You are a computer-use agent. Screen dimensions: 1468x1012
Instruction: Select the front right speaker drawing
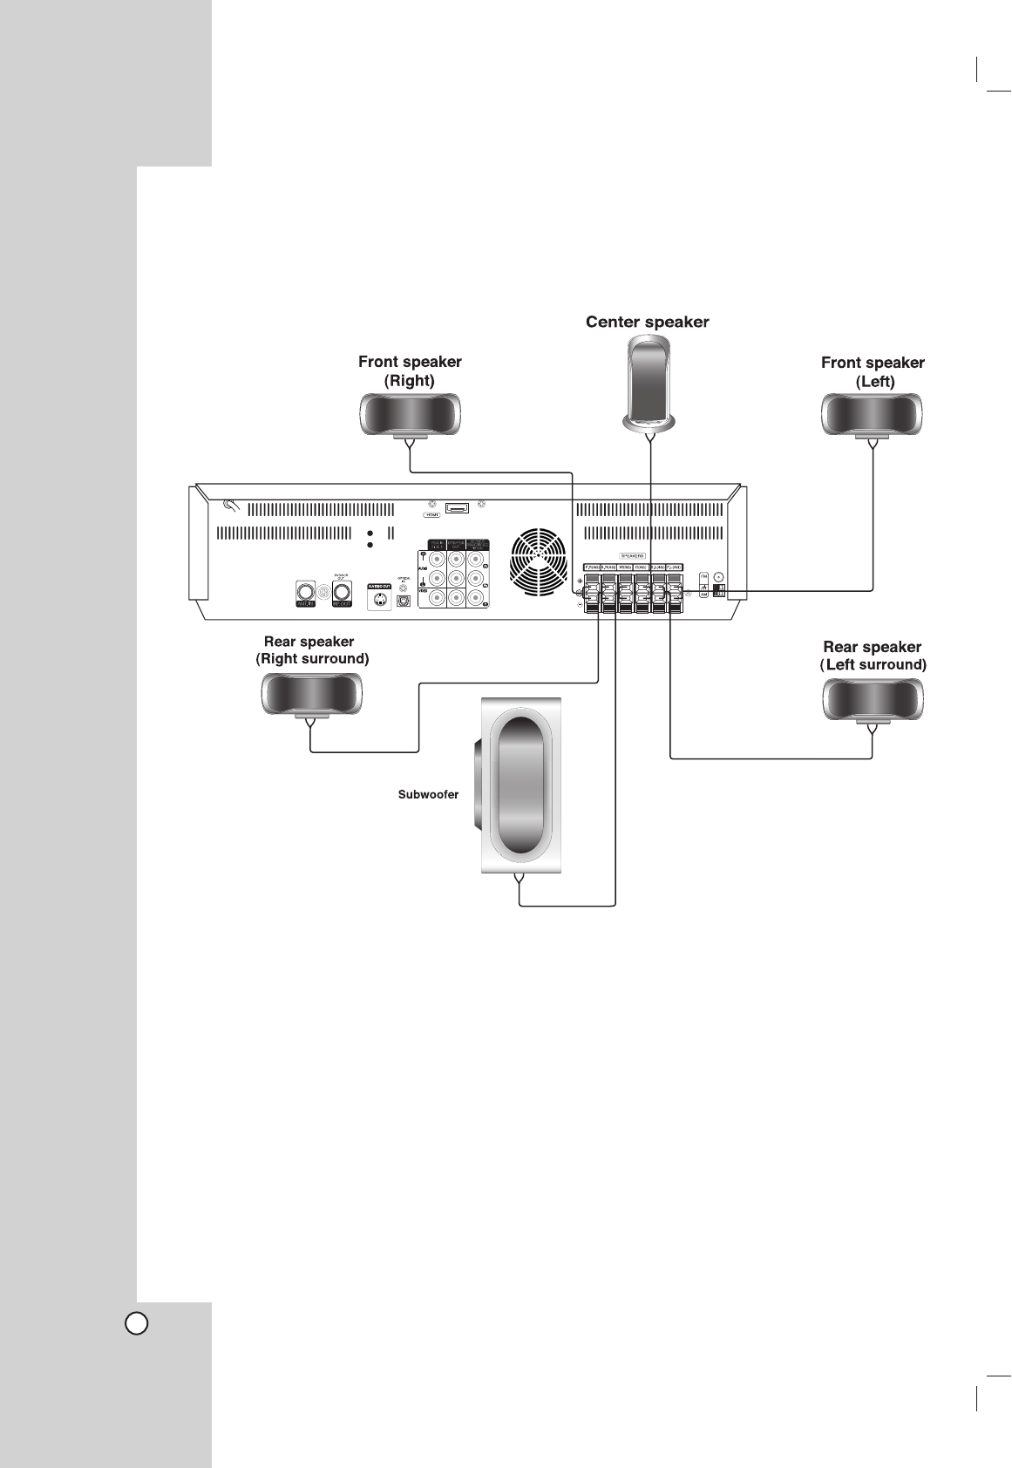(x=410, y=413)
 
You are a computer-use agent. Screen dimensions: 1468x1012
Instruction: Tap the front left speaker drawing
(x=872, y=414)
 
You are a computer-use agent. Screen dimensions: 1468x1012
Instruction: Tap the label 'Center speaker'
(x=647, y=323)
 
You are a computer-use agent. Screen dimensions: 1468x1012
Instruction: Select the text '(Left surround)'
(x=873, y=665)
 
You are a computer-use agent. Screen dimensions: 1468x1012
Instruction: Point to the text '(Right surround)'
(x=312, y=660)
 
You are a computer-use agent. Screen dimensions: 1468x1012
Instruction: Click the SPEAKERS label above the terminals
(x=632, y=554)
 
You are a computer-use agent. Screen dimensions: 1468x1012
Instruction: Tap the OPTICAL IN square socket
(x=404, y=601)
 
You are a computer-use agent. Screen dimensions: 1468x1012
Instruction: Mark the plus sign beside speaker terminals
(x=580, y=581)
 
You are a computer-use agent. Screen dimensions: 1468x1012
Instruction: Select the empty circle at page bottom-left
(x=136, y=1323)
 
